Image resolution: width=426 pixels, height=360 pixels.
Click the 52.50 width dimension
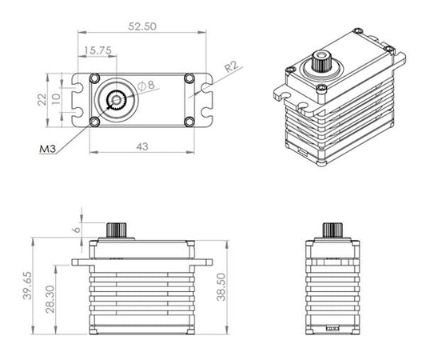point(140,26)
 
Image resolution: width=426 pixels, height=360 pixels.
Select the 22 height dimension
point(44,99)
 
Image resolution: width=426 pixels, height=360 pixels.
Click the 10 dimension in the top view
point(57,99)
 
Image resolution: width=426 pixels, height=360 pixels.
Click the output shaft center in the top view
point(117,100)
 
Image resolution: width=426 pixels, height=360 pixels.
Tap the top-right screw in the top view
point(189,78)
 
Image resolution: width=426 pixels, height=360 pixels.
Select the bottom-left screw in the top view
point(95,122)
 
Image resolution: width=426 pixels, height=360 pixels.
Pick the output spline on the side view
point(330,229)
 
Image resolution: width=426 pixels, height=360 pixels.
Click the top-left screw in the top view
point(95,78)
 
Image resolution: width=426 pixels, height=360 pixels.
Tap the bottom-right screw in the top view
point(189,122)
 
